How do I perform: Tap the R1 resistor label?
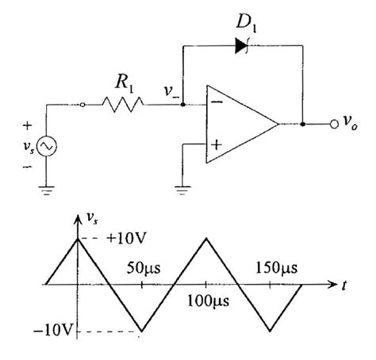pos(123,81)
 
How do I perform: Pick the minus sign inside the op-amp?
pos(214,101)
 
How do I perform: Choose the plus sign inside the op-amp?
pos(214,145)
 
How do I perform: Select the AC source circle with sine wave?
pos(46,147)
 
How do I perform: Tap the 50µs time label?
pos(144,267)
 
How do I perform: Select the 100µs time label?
pos(207,302)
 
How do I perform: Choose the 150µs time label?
pos(272,267)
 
